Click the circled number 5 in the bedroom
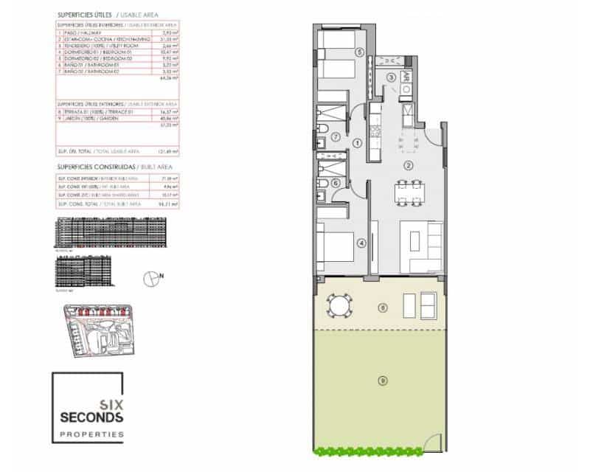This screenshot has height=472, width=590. [359, 52]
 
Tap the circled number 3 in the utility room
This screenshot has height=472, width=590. [392, 77]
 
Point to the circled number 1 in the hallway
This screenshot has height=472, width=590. [357, 142]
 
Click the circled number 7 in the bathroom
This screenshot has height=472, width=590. [335, 136]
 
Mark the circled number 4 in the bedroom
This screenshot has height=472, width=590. [361, 243]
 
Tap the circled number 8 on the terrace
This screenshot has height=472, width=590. [382, 307]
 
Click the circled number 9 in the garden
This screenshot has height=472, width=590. [382, 381]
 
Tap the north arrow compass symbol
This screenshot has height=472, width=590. [153, 277]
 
